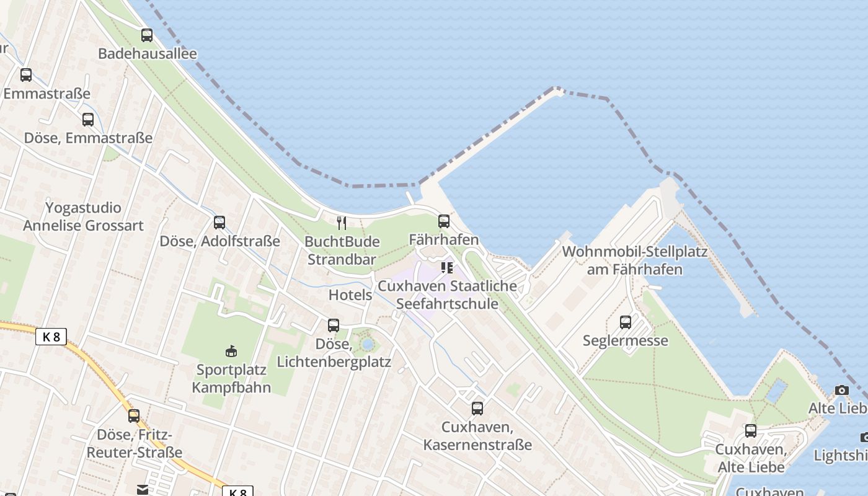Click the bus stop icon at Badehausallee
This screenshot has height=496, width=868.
point(147,35)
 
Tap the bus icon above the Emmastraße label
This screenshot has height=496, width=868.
point(26,75)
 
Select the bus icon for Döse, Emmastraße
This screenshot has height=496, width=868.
point(88,120)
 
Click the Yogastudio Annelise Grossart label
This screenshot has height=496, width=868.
point(83,216)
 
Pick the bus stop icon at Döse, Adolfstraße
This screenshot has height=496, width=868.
point(219,223)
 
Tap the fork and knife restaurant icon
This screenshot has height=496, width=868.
point(342,223)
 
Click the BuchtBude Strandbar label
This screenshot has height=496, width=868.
point(343,250)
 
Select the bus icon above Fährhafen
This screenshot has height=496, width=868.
point(444,221)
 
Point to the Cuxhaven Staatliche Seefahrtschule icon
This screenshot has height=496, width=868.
point(447,268)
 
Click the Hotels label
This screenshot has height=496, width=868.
point(350,295)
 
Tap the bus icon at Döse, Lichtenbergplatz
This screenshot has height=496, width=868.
point(334,325)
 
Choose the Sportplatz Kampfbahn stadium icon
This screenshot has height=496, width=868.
point(231,352)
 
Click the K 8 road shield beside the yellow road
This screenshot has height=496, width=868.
point(51,337)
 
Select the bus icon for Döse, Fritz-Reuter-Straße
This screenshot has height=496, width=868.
point(134,416)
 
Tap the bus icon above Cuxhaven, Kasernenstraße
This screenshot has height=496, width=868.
point(477,409)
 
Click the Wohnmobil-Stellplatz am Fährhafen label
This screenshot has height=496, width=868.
point(634,261)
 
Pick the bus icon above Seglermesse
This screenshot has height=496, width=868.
point(626,322)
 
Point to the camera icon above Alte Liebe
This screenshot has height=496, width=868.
point(841,390)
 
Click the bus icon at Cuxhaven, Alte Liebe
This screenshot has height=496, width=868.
point(751,431)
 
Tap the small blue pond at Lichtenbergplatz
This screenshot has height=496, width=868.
point(368,343)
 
